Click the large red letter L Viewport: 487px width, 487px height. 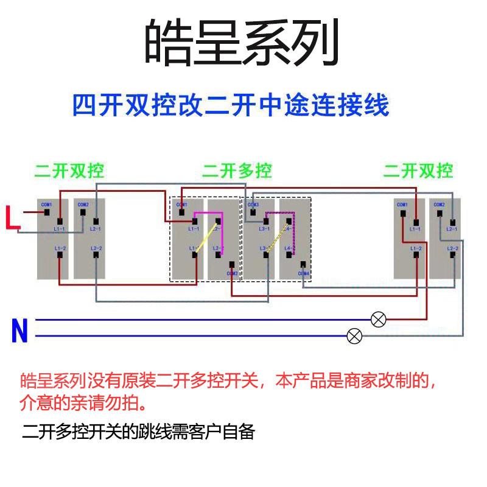pyautogui.click(x=12, y=217)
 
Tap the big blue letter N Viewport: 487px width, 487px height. pyautogui.click(x=19, y=332)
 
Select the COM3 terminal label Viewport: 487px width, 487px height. pyautogui.click(x=253, y=205)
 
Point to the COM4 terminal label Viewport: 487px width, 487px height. pyautogui.click(x=304, y=273)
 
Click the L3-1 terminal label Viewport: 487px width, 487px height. pyautogui.click(x=264, y=229)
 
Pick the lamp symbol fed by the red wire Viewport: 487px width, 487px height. pyautogui.click(x=379, y=319)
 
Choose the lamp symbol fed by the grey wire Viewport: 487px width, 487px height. pyautogui.click(x=354, y=335)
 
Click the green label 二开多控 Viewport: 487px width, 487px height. pyautogui.click(x=237, y=170)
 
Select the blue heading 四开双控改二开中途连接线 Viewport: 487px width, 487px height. pyautogui.click(x=231, y=105)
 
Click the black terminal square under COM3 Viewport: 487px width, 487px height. pyautogui.click(x=253, y=212)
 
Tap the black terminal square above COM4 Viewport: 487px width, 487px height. pyautogui.click(x=302, y=264)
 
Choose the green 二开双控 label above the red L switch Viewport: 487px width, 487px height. pyautogui.click(x=69, y=170)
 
